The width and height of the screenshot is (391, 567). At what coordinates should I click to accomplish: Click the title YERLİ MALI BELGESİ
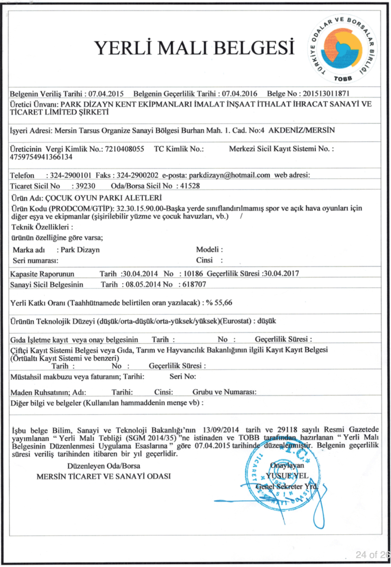coord(194,48)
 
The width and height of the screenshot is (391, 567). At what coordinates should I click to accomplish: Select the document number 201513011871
coord(326,93)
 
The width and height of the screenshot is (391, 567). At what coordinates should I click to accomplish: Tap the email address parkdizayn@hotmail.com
coord(229,175)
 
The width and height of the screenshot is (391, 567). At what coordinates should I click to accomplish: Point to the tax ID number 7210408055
coord(124,149)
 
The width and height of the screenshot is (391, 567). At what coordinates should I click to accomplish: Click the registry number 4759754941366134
coord(41,157)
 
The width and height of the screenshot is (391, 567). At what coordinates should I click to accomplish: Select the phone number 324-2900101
coord(71,175)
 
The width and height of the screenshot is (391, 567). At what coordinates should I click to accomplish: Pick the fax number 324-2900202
coord(138,175)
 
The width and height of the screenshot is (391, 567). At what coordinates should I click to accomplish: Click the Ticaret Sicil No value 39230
coord(85,186)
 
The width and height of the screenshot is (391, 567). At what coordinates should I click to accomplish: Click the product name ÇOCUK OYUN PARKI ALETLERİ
coord(103,198)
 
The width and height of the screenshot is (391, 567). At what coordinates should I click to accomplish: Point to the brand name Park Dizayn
coord(80,250)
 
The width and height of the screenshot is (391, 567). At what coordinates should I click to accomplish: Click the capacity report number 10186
coord(193,274)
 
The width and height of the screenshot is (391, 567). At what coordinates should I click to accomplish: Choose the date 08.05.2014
coord(143,284)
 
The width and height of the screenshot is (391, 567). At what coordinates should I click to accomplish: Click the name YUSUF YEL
coord(287,476)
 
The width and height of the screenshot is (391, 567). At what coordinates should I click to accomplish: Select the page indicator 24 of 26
coord(372,554)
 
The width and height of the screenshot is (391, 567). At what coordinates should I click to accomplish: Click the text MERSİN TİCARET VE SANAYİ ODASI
coord(104,476)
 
